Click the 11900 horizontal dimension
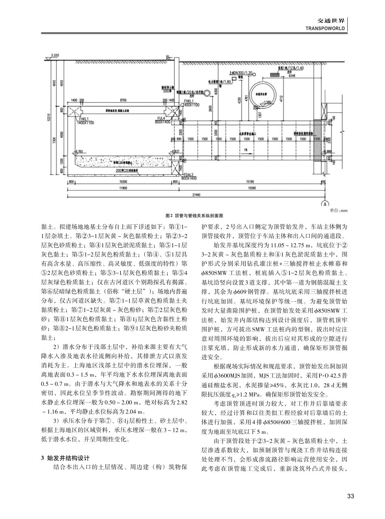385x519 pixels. click(120, 188)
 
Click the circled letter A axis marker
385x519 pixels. click(324, 203)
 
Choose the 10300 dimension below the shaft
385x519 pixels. click(124, 182)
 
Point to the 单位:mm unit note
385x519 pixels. click(339, 210)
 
